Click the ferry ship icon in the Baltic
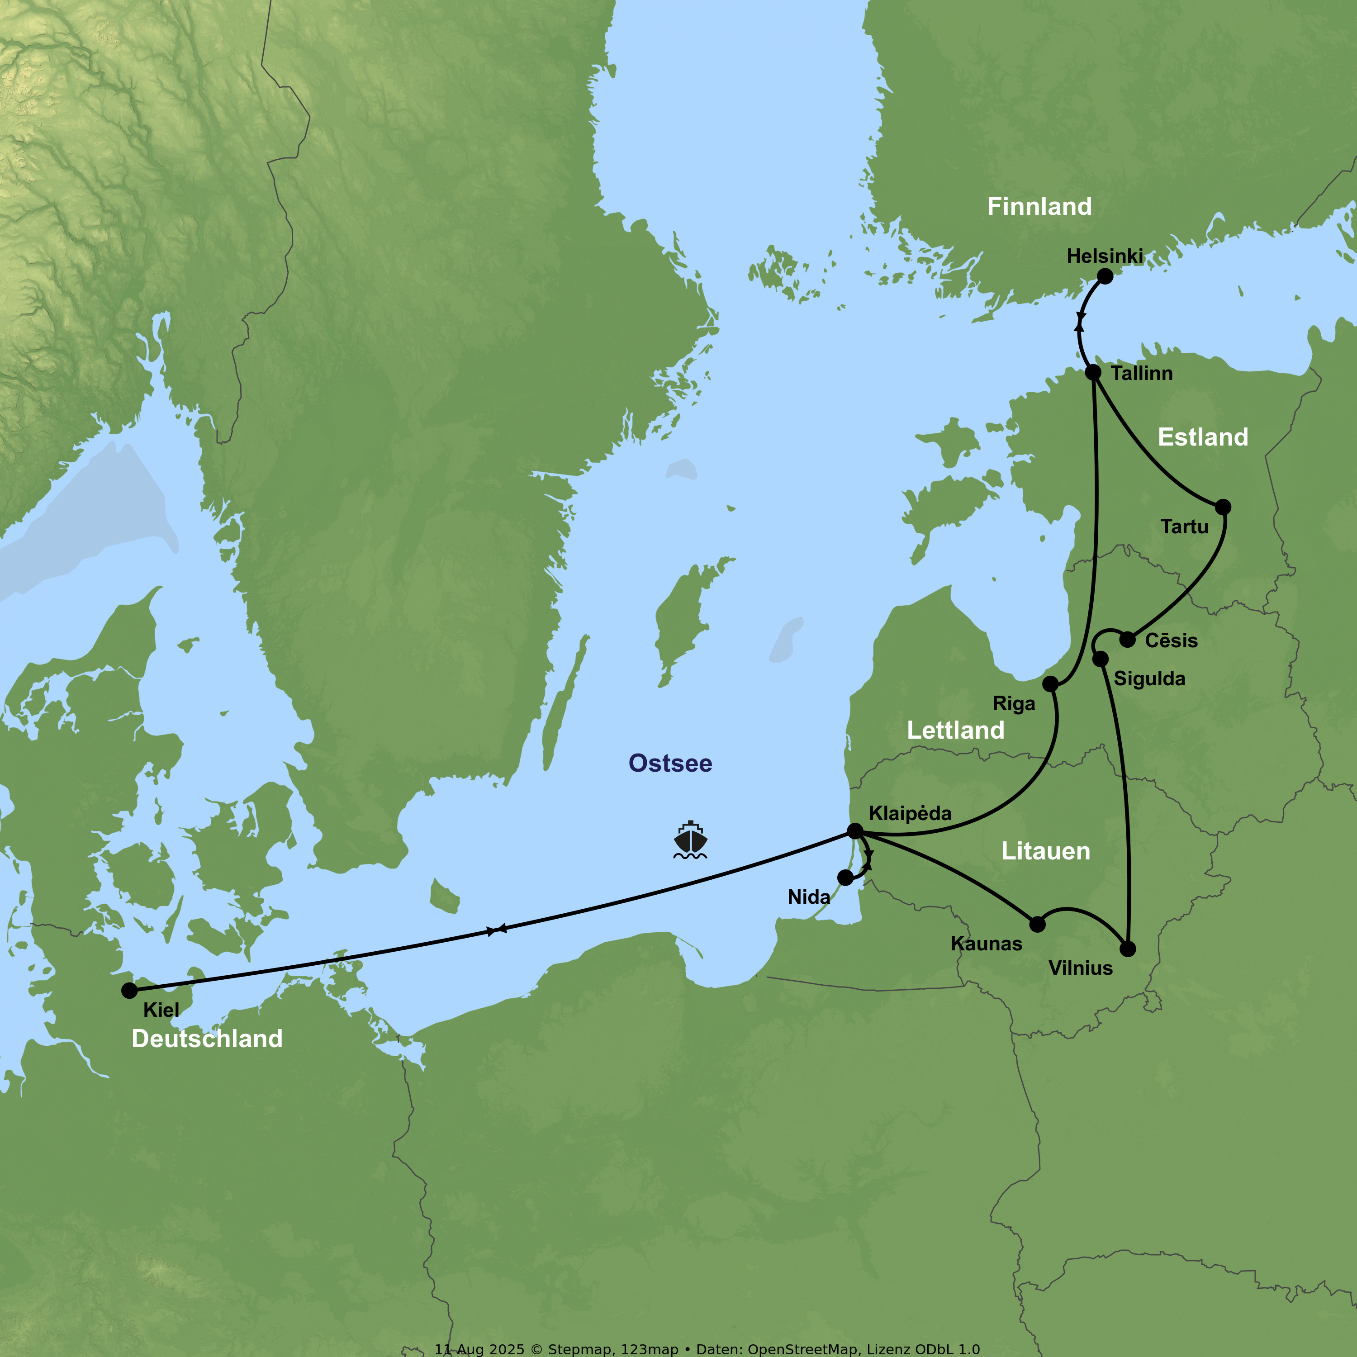pos(690,840)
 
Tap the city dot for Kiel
pos(129,990)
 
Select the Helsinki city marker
pos(1105,276)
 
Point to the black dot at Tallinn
pos(1093,372)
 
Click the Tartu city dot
pos(1223,507)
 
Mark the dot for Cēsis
pos(1127,639)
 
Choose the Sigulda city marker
pos(1101,659)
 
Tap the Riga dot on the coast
pos(1050,684)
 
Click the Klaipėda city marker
pos(855,831)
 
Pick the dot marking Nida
pos(846,877)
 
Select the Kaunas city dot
pos(1037,924)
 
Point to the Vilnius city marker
pos(1127,949)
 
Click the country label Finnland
pos(1039,207)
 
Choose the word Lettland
pos(955,731)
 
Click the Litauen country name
pos(1045,851)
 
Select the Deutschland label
pos(207,1039)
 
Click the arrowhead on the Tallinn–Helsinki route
pos(1080,325)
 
